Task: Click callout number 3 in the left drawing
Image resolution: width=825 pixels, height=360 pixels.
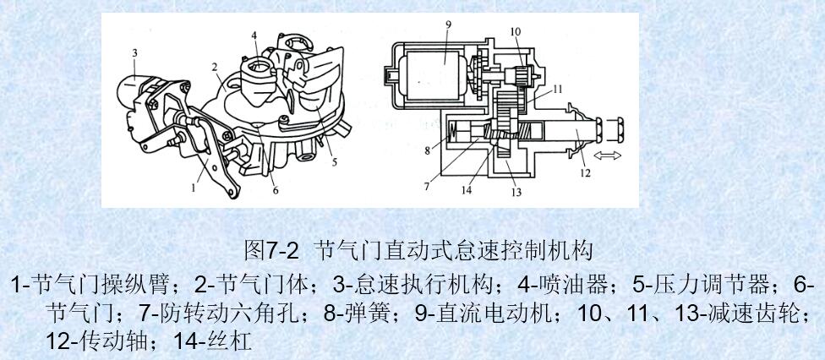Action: (x=133, y=53)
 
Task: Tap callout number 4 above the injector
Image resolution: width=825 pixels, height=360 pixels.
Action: (x=254, y=35)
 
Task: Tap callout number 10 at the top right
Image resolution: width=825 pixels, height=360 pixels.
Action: (x=515, y=33)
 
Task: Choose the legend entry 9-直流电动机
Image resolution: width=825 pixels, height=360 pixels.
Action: (x=483, y=314)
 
